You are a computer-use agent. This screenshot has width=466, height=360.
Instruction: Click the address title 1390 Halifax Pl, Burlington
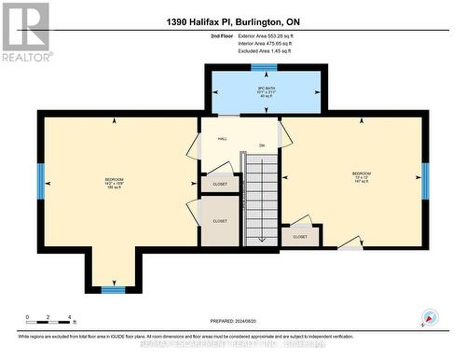232,21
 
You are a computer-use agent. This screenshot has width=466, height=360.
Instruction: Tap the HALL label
223,139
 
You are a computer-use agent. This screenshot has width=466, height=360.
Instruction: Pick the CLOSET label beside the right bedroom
300,237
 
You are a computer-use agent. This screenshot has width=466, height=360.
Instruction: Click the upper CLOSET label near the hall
220,185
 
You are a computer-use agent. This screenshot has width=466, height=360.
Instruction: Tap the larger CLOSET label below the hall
220,221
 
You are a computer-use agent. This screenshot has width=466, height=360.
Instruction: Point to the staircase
262,200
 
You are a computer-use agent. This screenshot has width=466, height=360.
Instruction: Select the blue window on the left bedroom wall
41,181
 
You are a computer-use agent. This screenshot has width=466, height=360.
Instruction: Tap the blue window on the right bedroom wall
425,181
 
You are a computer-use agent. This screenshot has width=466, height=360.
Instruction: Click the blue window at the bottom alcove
114,290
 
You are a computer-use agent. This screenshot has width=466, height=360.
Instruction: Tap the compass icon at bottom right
429,317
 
